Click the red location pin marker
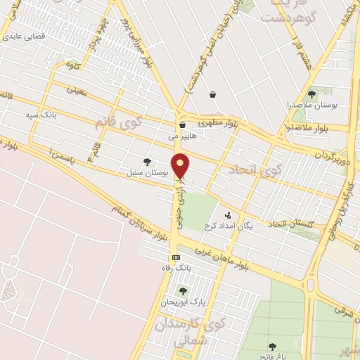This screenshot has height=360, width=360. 181,165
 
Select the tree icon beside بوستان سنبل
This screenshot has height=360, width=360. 147,162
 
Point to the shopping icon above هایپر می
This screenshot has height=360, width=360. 181,125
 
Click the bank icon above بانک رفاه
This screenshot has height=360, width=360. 175,257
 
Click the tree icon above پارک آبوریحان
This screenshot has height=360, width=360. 183,291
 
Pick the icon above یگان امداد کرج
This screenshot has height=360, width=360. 227,214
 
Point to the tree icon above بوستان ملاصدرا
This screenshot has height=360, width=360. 311,94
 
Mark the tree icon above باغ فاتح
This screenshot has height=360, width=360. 272,346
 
